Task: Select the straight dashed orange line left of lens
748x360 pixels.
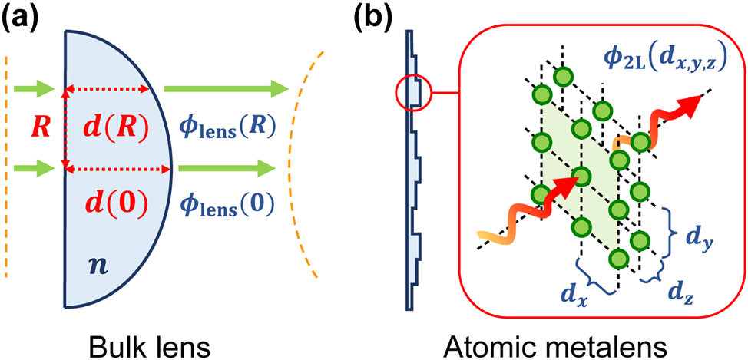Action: (x=7, y=166)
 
